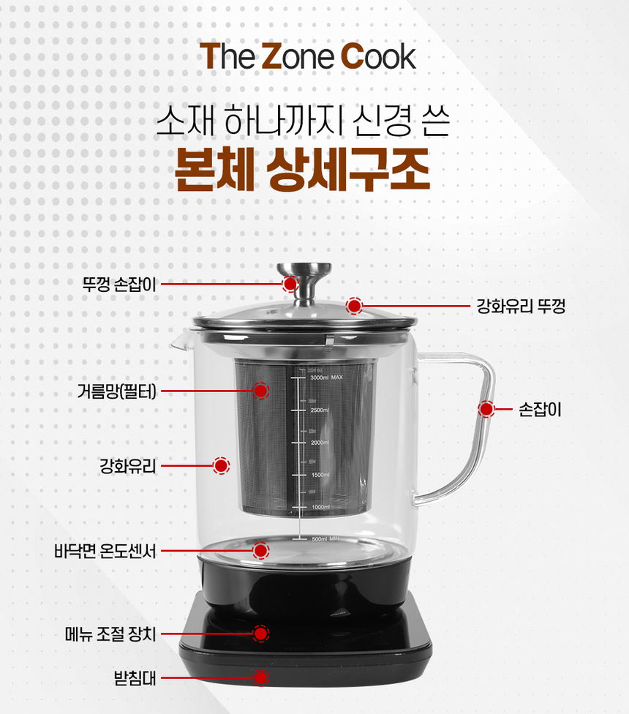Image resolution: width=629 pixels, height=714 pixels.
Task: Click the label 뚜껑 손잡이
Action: tap(120, 284)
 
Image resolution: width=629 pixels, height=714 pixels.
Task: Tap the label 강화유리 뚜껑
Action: tap(520, 306)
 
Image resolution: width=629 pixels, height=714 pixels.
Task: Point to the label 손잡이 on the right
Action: tap(540, 410)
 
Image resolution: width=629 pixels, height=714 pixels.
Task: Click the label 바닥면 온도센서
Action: tap(105, 550)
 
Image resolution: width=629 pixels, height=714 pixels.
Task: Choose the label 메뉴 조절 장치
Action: tap(110, 634)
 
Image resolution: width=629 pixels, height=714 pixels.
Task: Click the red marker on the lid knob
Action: tap(290, 284)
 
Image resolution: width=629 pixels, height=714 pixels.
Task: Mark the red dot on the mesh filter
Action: tap(260, 391)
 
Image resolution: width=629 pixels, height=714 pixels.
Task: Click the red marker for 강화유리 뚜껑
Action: tap(355, 306)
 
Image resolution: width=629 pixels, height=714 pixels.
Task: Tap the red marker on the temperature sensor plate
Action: tap(261, 550)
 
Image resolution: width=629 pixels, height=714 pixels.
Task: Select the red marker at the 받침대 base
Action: tap(261, 677)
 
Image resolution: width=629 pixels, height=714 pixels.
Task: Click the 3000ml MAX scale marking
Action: tap(326, 377)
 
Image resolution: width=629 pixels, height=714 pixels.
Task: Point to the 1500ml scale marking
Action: tap(320, 475)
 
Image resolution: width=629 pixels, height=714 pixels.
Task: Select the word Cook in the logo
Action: tap(378, 56)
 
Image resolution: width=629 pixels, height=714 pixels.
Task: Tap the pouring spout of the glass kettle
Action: tap(178, 342)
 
